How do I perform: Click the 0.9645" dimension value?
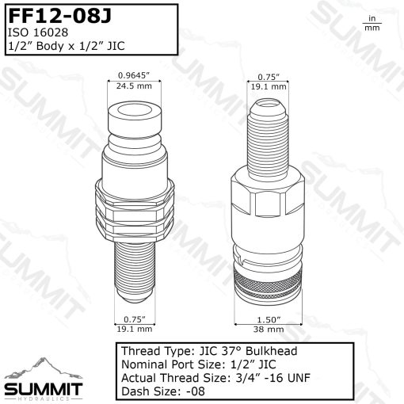pos(133,76)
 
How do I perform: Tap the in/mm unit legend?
pos(371,23)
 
